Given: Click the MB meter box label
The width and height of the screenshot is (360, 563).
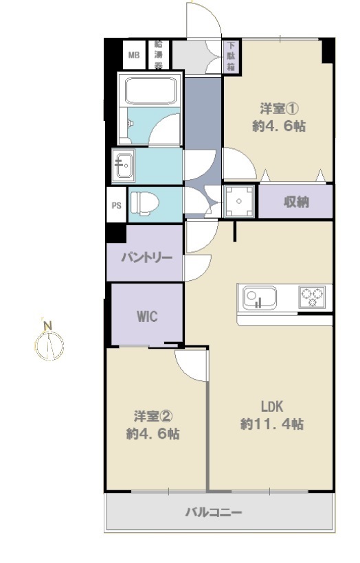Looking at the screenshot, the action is click(x=134, y=56).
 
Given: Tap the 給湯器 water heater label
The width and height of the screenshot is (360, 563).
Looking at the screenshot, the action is click(x=158, y=55).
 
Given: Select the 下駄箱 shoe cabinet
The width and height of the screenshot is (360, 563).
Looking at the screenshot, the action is click(x=231, y=56).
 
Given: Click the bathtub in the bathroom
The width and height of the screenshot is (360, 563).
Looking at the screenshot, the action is click(x=150, y=91).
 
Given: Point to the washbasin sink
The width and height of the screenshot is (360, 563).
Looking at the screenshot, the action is click(x=123, y=165).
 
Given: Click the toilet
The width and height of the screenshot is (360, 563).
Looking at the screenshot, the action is click(x=144, y=203).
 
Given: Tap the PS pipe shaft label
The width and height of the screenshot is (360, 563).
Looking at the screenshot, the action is click(x=116, y=206).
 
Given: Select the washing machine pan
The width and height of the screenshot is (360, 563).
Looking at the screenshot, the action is click(x=239, y=201).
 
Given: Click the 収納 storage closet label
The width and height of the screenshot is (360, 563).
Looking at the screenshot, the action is click(x=296, y=202).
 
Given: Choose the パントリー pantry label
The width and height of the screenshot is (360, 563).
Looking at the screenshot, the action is click(x=146, y=257).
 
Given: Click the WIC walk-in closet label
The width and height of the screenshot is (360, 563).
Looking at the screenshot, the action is click(x=147, y=317).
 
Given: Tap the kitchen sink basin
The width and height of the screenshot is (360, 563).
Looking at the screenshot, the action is click(x=260, y=298).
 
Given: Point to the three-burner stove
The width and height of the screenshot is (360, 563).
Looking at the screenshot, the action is click(x=312, y=297).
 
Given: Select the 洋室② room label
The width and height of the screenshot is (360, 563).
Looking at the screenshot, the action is click(x=153, y=417).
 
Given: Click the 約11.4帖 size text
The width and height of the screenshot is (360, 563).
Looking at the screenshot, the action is click(x=272, y=424).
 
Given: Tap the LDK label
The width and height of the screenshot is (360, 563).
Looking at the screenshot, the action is click(x=272, y=407).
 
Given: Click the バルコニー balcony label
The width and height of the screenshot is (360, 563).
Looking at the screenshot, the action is click(x=214, y=512).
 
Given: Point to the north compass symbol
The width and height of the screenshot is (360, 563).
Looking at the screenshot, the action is click(x=49, y=346).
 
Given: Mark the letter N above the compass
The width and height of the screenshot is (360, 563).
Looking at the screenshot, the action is click(x=48, y=326).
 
